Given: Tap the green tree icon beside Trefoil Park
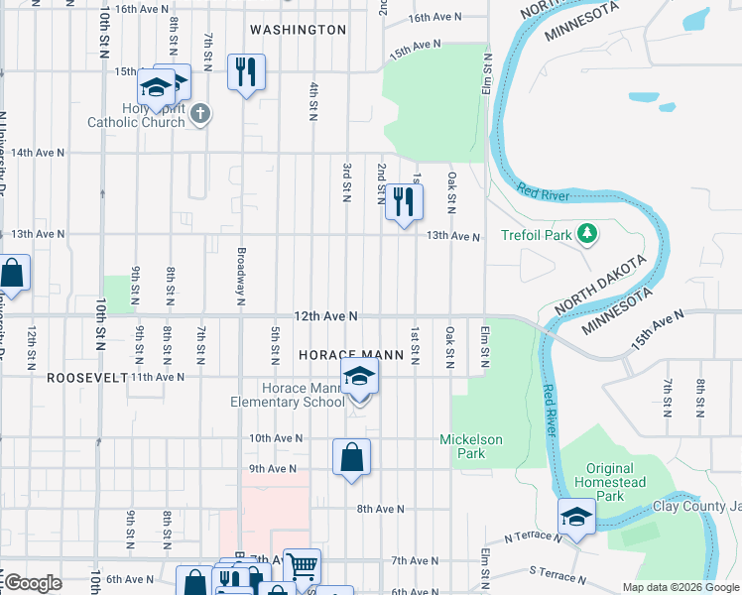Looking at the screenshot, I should point(588,233).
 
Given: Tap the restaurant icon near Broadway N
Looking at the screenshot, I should point(246,71).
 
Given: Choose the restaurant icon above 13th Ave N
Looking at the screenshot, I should point(404,201).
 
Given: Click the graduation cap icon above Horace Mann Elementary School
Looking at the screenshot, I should point(359,377).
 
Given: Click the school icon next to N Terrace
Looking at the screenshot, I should point(576,517).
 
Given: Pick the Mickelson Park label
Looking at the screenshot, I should point(471,446).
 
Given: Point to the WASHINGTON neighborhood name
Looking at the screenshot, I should point(298,30).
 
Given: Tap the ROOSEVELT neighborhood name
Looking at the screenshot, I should point(87,378).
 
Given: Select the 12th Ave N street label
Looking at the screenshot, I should point(324,315).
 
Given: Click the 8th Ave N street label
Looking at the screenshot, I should point(380,509).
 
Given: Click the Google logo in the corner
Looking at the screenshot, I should point(33,583).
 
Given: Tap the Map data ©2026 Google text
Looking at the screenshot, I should point(680,587).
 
